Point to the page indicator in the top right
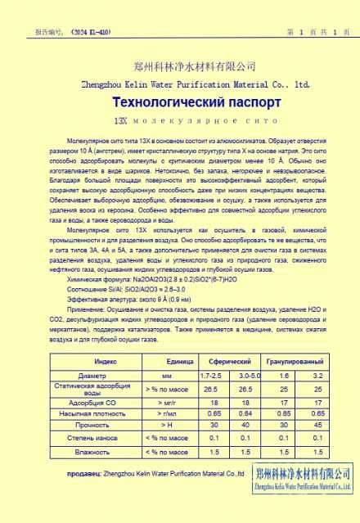[x=318, y=9]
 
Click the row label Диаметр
[x=105, y=375]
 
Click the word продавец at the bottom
[x=83, y=472]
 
